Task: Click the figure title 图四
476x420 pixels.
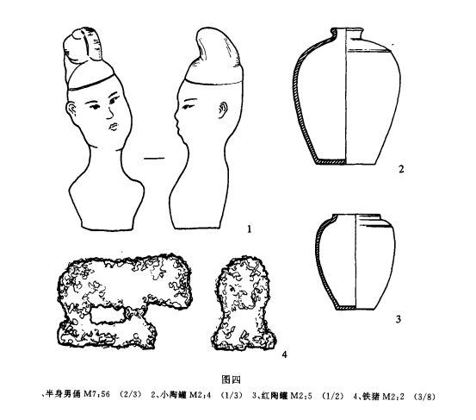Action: pyautogui.click(x=232, y=379)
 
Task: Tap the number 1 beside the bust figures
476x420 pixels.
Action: pyautogui.click(x=250, y=229)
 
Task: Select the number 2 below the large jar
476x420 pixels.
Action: pyautogui.click(x=401, y=169)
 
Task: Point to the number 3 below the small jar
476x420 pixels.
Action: pyautogui.click(x=399, y=319)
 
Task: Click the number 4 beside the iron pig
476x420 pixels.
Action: pyautogui.click(x=284, y=354)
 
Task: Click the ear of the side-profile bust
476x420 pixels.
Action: pyautogui.click(x=224, y=110)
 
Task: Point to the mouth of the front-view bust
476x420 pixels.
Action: pyautogui.click(x=113, y=126)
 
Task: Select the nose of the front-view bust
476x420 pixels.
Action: pyautogui.click(x=109, y=113)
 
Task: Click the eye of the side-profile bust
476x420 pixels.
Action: pyautogui.click(x=189, y=105)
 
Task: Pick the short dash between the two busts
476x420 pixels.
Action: pyautogui.click(x=154, y=158)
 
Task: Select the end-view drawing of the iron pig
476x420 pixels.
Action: pyautogui.click(x=244, y=304)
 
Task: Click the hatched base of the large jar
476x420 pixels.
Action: pyautogui.click(x=331, y=161)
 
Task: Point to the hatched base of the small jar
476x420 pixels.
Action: pyautogui.click(x=346, y=308)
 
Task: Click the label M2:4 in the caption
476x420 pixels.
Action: pyautogui.click(x=200, y=396)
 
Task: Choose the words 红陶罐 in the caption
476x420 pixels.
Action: pyautogui.click(x=274, y=396)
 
